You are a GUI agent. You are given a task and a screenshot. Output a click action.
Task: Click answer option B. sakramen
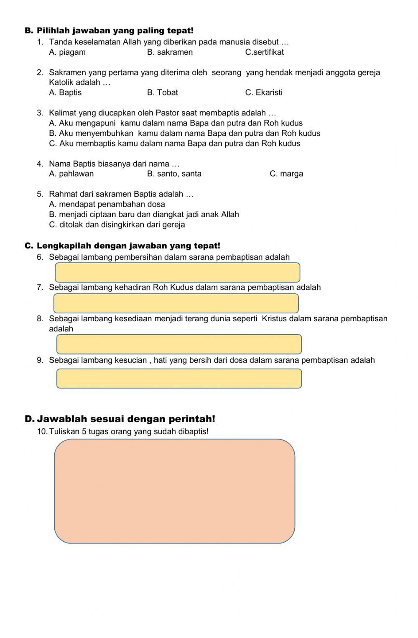click(x=170, y=52)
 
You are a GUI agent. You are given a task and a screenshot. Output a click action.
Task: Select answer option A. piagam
click(x=67, y=52)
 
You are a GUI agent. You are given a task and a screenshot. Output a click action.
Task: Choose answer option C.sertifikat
click(x=264, y=52)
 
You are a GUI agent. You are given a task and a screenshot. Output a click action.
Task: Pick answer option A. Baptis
click(x=65, y=92)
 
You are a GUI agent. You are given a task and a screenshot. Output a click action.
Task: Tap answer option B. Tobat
click(x=162, y=92)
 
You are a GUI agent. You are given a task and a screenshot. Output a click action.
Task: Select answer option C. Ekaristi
click(x=263, y=92)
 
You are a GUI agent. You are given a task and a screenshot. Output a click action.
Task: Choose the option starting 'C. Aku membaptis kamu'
click(x=174, y=143)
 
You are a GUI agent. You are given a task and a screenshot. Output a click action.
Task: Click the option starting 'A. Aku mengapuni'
click(x=176, y=123)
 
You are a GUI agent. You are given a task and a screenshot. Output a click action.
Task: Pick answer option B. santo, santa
click(x=174, y=174)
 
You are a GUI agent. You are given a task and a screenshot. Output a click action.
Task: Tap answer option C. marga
click(x=286, y=174)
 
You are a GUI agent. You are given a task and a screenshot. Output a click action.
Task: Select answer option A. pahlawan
click(x=71, y=174)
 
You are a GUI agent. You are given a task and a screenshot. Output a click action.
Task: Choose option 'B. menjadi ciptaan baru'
click(x=144, y=215)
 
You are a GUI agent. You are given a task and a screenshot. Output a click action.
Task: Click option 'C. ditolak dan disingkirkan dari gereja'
click(x=117, y=225)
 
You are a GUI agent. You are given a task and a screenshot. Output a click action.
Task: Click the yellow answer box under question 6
click(x=177, y=273)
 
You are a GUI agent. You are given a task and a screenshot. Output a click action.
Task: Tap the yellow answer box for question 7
click(x=176, y=303)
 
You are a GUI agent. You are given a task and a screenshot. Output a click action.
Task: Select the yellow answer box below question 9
click(x=179, y=379)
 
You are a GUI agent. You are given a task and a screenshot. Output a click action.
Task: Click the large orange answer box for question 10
click(x=175, y=491)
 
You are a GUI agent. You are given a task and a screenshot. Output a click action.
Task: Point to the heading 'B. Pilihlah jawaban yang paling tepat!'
click(x=109, y=31)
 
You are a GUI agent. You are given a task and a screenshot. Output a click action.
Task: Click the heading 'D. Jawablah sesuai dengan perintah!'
click(x=120, y=419)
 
